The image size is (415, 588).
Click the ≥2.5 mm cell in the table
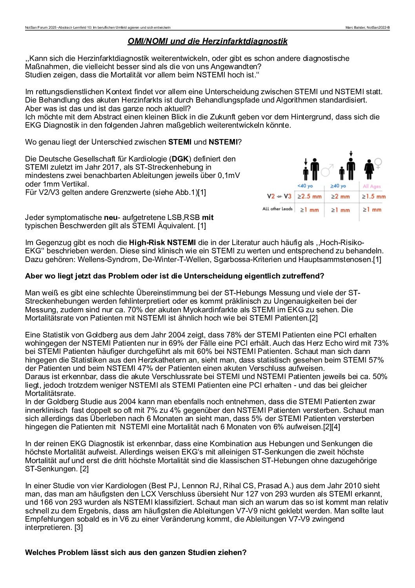(309, 196)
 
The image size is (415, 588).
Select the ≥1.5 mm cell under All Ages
(373, 196)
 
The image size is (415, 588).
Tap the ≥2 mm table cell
(340, 196)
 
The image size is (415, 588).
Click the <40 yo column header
(305, 186)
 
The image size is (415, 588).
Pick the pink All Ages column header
(371, 186)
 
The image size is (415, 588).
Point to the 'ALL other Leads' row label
(277, 209)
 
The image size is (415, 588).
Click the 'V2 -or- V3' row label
(279, 196)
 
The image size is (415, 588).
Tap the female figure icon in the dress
(369, 169)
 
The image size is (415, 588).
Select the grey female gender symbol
(378, 163)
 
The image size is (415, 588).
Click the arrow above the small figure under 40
(306, 161)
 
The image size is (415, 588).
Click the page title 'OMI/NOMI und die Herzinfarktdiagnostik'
(207, 41)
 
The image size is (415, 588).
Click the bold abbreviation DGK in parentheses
(180, 159)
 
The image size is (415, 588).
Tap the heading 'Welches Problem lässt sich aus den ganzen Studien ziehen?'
(136, 553)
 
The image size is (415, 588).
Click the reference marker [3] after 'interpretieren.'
(78, 528)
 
